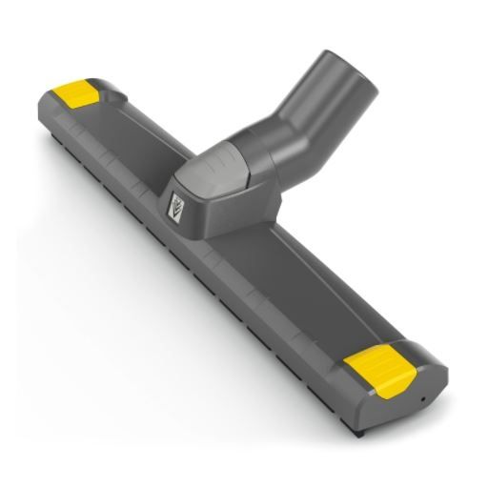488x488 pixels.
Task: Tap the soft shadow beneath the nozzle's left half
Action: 143,286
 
